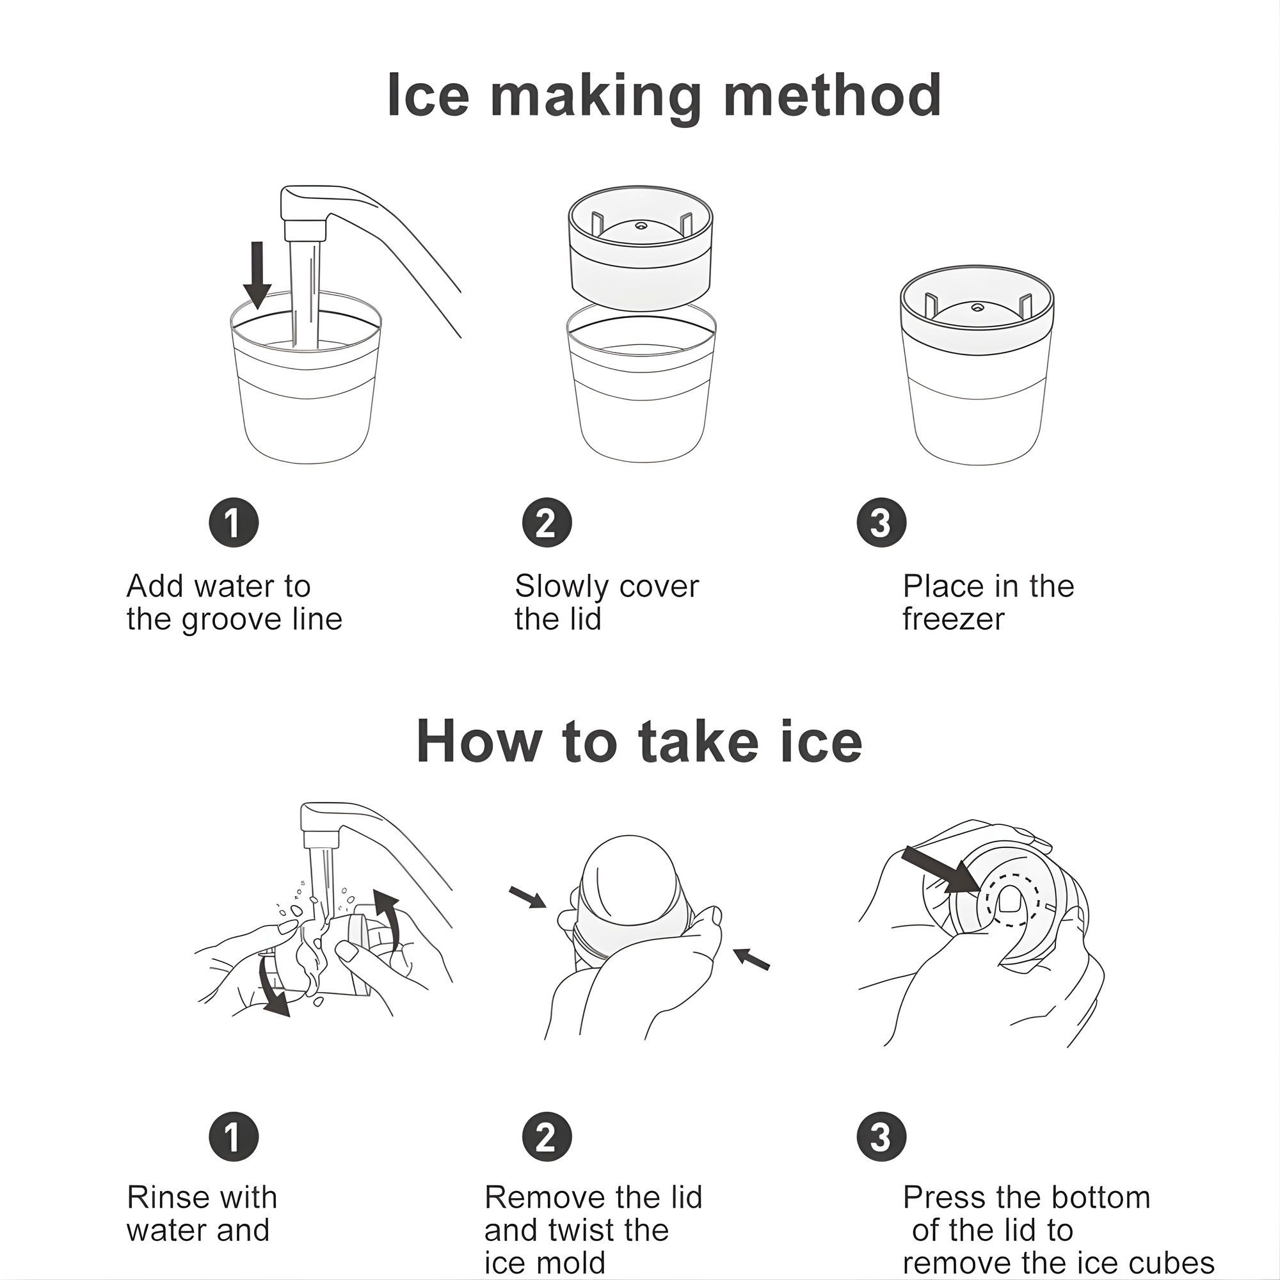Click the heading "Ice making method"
[664, 96]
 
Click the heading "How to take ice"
[639, 741]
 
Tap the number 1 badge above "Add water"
[233, 523]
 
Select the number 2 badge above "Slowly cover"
[546, 523]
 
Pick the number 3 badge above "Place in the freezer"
[881, 523]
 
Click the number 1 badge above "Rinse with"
[233, 1137]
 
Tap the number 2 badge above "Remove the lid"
[546, 1137]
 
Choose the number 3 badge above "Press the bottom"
[881, 1137]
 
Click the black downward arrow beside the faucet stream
[257, 275]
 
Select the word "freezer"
[954, 620]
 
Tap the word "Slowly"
[561, 587]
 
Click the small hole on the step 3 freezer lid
[977, 307]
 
